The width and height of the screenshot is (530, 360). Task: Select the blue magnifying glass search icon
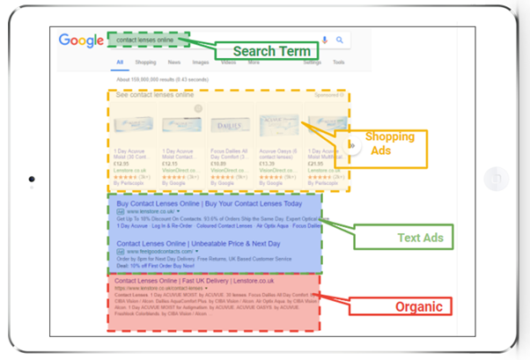(339, 40)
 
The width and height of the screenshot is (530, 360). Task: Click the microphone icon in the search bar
(325, 40)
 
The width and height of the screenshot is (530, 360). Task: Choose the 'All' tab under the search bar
(119, 63)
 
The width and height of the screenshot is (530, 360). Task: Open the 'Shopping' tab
(145, 63)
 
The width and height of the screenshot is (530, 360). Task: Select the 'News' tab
(174, 63)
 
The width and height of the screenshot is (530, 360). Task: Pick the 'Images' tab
(201, 63)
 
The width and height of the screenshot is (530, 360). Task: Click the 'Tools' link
(339, 63)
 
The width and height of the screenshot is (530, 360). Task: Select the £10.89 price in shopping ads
(218, 163)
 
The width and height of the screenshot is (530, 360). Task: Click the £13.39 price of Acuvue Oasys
(266, 163)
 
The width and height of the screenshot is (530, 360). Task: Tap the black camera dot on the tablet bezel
(32, 180)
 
